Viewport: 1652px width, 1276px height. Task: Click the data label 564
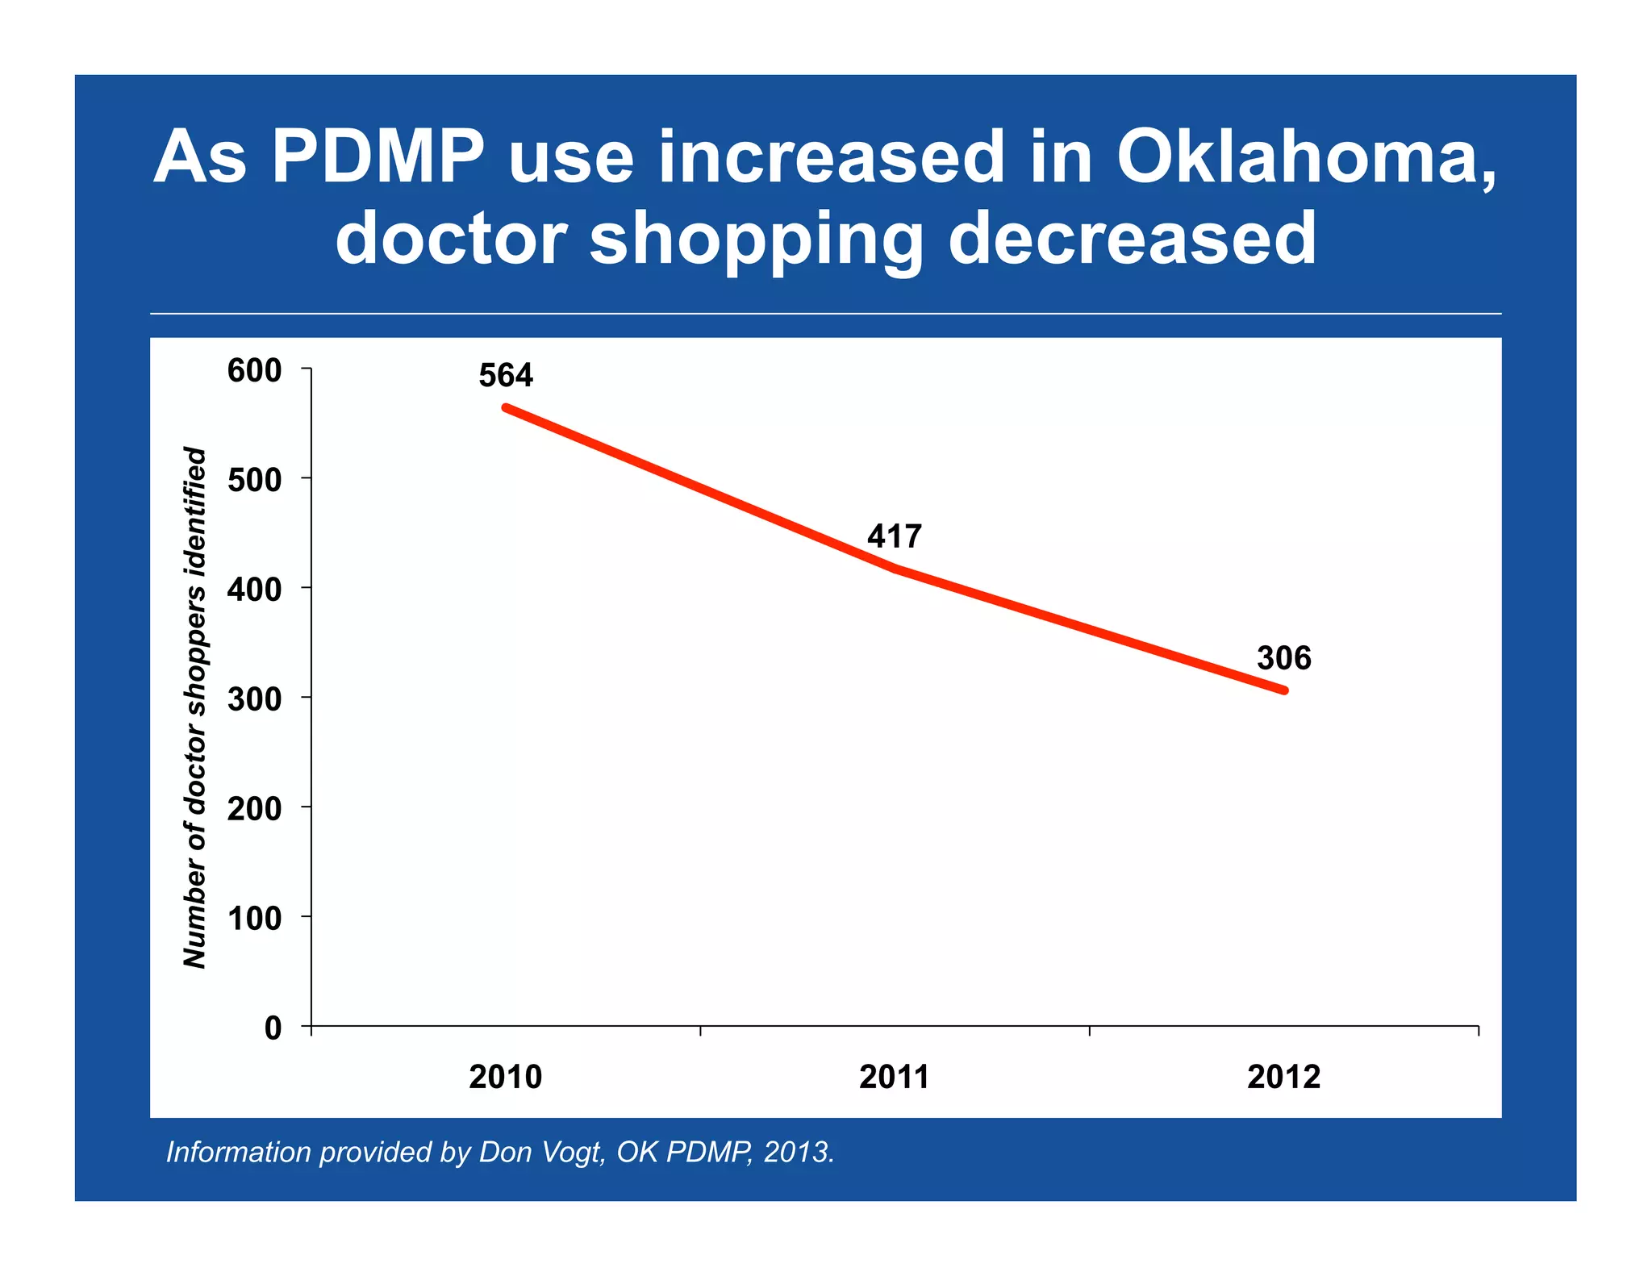506,376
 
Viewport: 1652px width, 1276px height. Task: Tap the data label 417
895,536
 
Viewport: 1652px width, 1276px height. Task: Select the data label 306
1284,658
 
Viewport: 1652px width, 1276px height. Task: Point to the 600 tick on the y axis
255,371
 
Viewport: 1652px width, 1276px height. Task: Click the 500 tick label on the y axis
255,480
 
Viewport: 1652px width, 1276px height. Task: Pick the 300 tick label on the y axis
255,698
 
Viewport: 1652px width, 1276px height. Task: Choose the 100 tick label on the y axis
255,918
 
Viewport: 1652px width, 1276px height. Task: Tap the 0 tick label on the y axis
273,1028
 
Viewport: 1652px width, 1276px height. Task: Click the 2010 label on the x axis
506,1078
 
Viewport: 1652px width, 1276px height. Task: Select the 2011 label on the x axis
895,1078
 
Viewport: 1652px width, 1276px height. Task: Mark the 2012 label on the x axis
1284,1078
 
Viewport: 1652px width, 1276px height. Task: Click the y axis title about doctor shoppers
195,707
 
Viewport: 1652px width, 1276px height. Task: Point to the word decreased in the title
1133,239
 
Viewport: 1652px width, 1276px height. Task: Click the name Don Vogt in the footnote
540,1152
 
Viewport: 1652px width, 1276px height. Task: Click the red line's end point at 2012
1284,690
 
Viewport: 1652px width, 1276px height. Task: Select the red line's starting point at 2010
506,407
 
